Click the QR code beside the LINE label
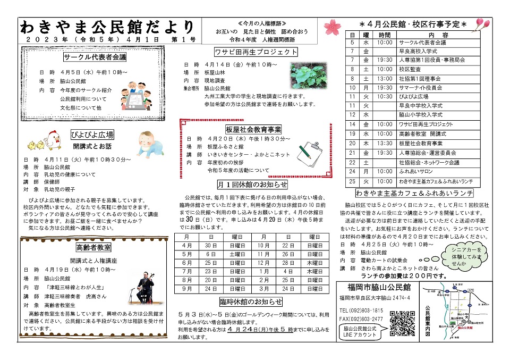(402, 323)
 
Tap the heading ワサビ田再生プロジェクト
(256, 52)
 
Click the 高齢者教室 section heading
(93, 247)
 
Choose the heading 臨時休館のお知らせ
(251, 302)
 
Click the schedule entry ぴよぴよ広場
(413, 97)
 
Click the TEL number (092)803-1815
(361, 310)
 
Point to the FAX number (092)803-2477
(361, 319)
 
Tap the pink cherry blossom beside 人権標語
(330, 25)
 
